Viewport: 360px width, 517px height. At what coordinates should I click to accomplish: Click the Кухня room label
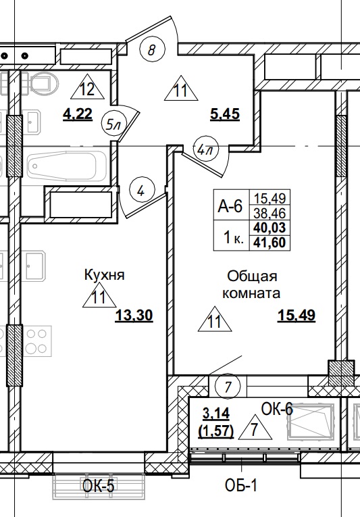[x=105, y=275]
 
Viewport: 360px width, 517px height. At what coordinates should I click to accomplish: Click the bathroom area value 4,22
[x=77, y=115]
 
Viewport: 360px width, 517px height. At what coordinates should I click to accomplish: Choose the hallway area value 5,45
[x=224, y=115]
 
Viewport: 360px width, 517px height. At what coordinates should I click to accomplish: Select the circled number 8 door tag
[x=153, y=49]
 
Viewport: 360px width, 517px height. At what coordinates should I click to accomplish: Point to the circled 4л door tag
[x=202, y=147]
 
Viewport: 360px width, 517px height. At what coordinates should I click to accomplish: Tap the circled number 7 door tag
[x=229, y=387]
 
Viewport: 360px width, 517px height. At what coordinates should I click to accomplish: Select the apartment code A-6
[x=230, y=207]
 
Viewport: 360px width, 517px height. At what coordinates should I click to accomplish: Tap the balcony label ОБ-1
[x=242, y=485]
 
